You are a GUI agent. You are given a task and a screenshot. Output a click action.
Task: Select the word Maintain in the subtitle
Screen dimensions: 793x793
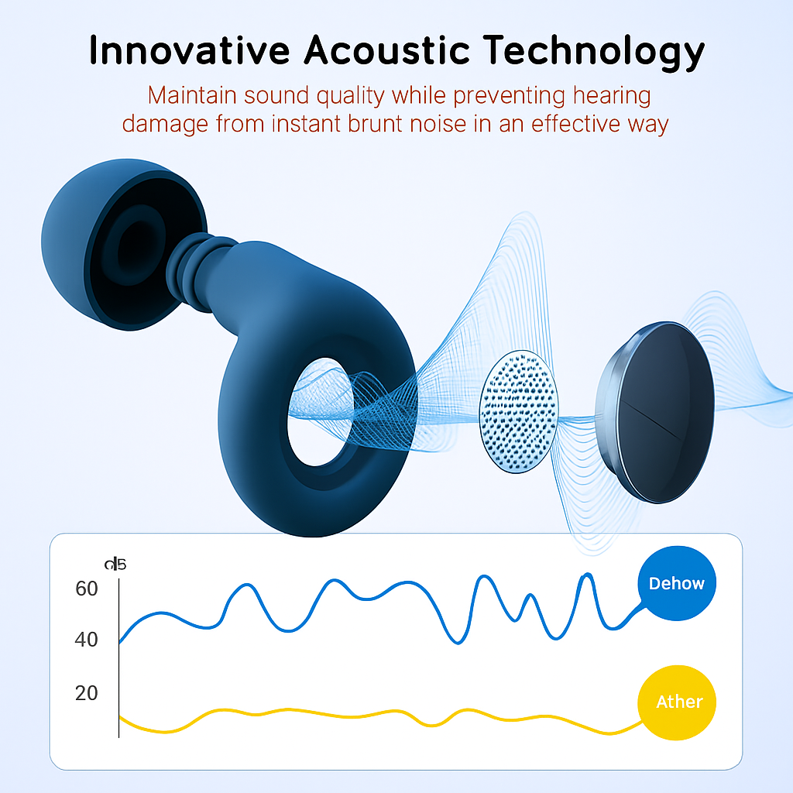(192, 96)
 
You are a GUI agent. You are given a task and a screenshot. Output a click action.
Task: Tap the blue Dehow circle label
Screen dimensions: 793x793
(677, 583)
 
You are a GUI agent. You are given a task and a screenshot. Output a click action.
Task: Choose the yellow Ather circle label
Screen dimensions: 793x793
(678, 702)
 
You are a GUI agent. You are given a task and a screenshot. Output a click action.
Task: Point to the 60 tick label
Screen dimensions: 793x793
(87, 589)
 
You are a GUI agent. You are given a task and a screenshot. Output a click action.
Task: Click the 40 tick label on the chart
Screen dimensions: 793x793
(87, 640)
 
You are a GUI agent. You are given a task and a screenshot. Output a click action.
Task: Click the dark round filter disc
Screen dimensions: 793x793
(658, 410)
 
